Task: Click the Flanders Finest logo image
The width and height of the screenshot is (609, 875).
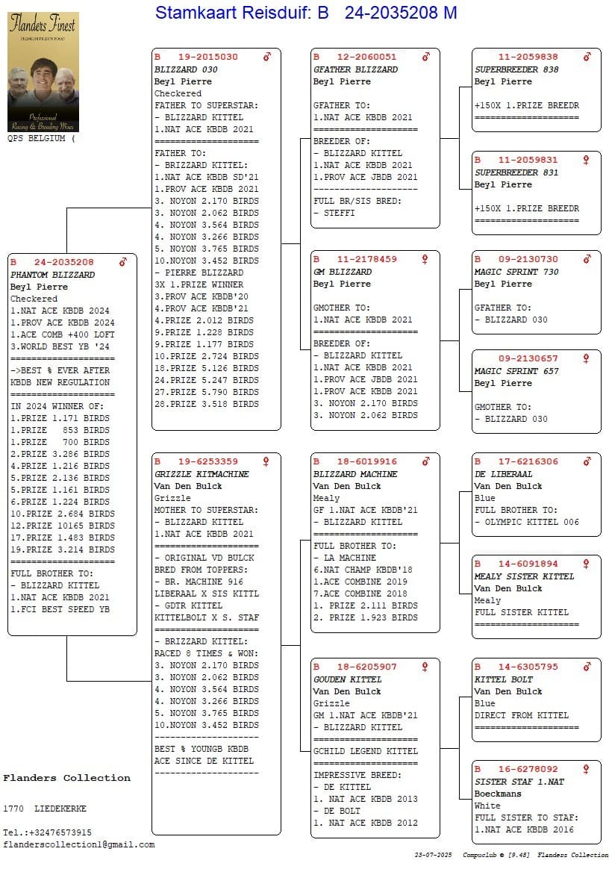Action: pos(43,72)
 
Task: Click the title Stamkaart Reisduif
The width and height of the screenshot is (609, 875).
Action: pos(234,13)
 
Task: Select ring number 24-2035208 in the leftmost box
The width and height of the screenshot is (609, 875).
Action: pos(63,262)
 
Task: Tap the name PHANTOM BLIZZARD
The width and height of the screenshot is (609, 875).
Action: pos(52,275)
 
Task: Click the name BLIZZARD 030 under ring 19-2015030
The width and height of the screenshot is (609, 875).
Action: pos(185,69)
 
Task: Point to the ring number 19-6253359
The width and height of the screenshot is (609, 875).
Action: pos(207,461)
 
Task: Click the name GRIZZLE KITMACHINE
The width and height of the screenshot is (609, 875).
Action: pos(202,474)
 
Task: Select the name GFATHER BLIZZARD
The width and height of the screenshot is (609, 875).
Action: pos(355,69)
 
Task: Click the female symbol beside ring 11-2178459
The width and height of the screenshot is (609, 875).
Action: pos(425,259)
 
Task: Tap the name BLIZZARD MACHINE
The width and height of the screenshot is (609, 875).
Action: pos(355,474)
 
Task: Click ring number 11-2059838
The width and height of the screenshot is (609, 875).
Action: pos(528,57)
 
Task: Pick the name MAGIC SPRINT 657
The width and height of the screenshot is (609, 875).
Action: pos(516,371)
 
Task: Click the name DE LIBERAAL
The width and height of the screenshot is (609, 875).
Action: pos(504,474)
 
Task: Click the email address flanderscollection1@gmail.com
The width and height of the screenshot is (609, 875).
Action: pos(78,844)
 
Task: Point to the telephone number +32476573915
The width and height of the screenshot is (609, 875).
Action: pos(57,832)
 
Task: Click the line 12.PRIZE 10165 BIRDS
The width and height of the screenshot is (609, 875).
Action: pos(63,526)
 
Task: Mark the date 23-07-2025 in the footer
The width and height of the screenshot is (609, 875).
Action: pos(434,855)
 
